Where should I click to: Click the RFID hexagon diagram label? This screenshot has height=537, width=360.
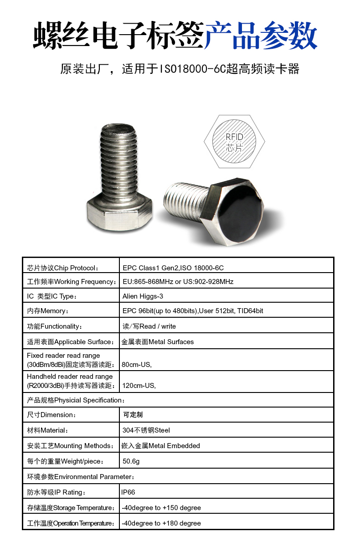[x=234, y=142]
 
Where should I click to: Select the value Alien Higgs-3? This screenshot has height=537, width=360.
[x=143, y=296]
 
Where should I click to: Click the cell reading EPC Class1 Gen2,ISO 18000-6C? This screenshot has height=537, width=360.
[x=173, y=268]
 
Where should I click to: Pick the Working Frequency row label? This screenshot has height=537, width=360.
[x=71, y=282]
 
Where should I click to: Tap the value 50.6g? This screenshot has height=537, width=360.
[x=131, y=461]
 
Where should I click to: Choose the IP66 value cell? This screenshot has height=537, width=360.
[x=128, y=492]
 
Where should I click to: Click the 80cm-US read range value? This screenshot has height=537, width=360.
[x=137, y=365]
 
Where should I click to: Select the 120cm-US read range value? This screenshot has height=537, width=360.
[x=139, y=386]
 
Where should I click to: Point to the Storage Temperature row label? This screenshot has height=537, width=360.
[x=71, y=508]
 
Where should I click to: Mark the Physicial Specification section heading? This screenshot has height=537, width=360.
[x=76, y=400]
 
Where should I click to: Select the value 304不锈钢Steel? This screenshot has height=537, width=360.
[x=146, y=430]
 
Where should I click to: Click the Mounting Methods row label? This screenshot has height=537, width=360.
[x=70, y=446]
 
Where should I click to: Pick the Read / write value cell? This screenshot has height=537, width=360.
[x=149, y=326]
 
